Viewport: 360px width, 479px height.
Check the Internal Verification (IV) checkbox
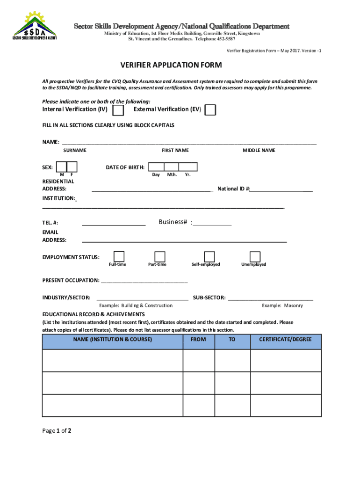coord(119,110)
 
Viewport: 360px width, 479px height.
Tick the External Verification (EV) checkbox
coord(211,110)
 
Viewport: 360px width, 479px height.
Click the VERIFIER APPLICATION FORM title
coord(171,65)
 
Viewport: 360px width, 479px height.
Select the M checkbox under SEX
coord(61,167)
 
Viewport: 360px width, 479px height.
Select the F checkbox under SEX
coord(72,167)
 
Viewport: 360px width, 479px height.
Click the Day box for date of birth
coord(157,167)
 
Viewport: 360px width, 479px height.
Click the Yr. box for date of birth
coord(188,167)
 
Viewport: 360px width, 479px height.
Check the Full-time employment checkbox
coord(119,256)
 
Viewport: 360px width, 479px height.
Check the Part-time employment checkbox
coord(160,256)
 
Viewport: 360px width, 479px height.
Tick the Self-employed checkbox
coord(209,256)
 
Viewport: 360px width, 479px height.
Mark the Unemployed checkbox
coord(255,256)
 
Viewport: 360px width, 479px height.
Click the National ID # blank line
coord(281,189)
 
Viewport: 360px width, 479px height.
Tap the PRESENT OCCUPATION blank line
coord(144,281)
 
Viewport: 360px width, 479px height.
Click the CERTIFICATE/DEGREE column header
coord(285,340)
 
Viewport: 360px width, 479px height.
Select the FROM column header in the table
coord(198,340)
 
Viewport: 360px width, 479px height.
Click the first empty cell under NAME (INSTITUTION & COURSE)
coord(112,361)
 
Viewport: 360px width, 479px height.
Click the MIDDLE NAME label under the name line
coord(259,150)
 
